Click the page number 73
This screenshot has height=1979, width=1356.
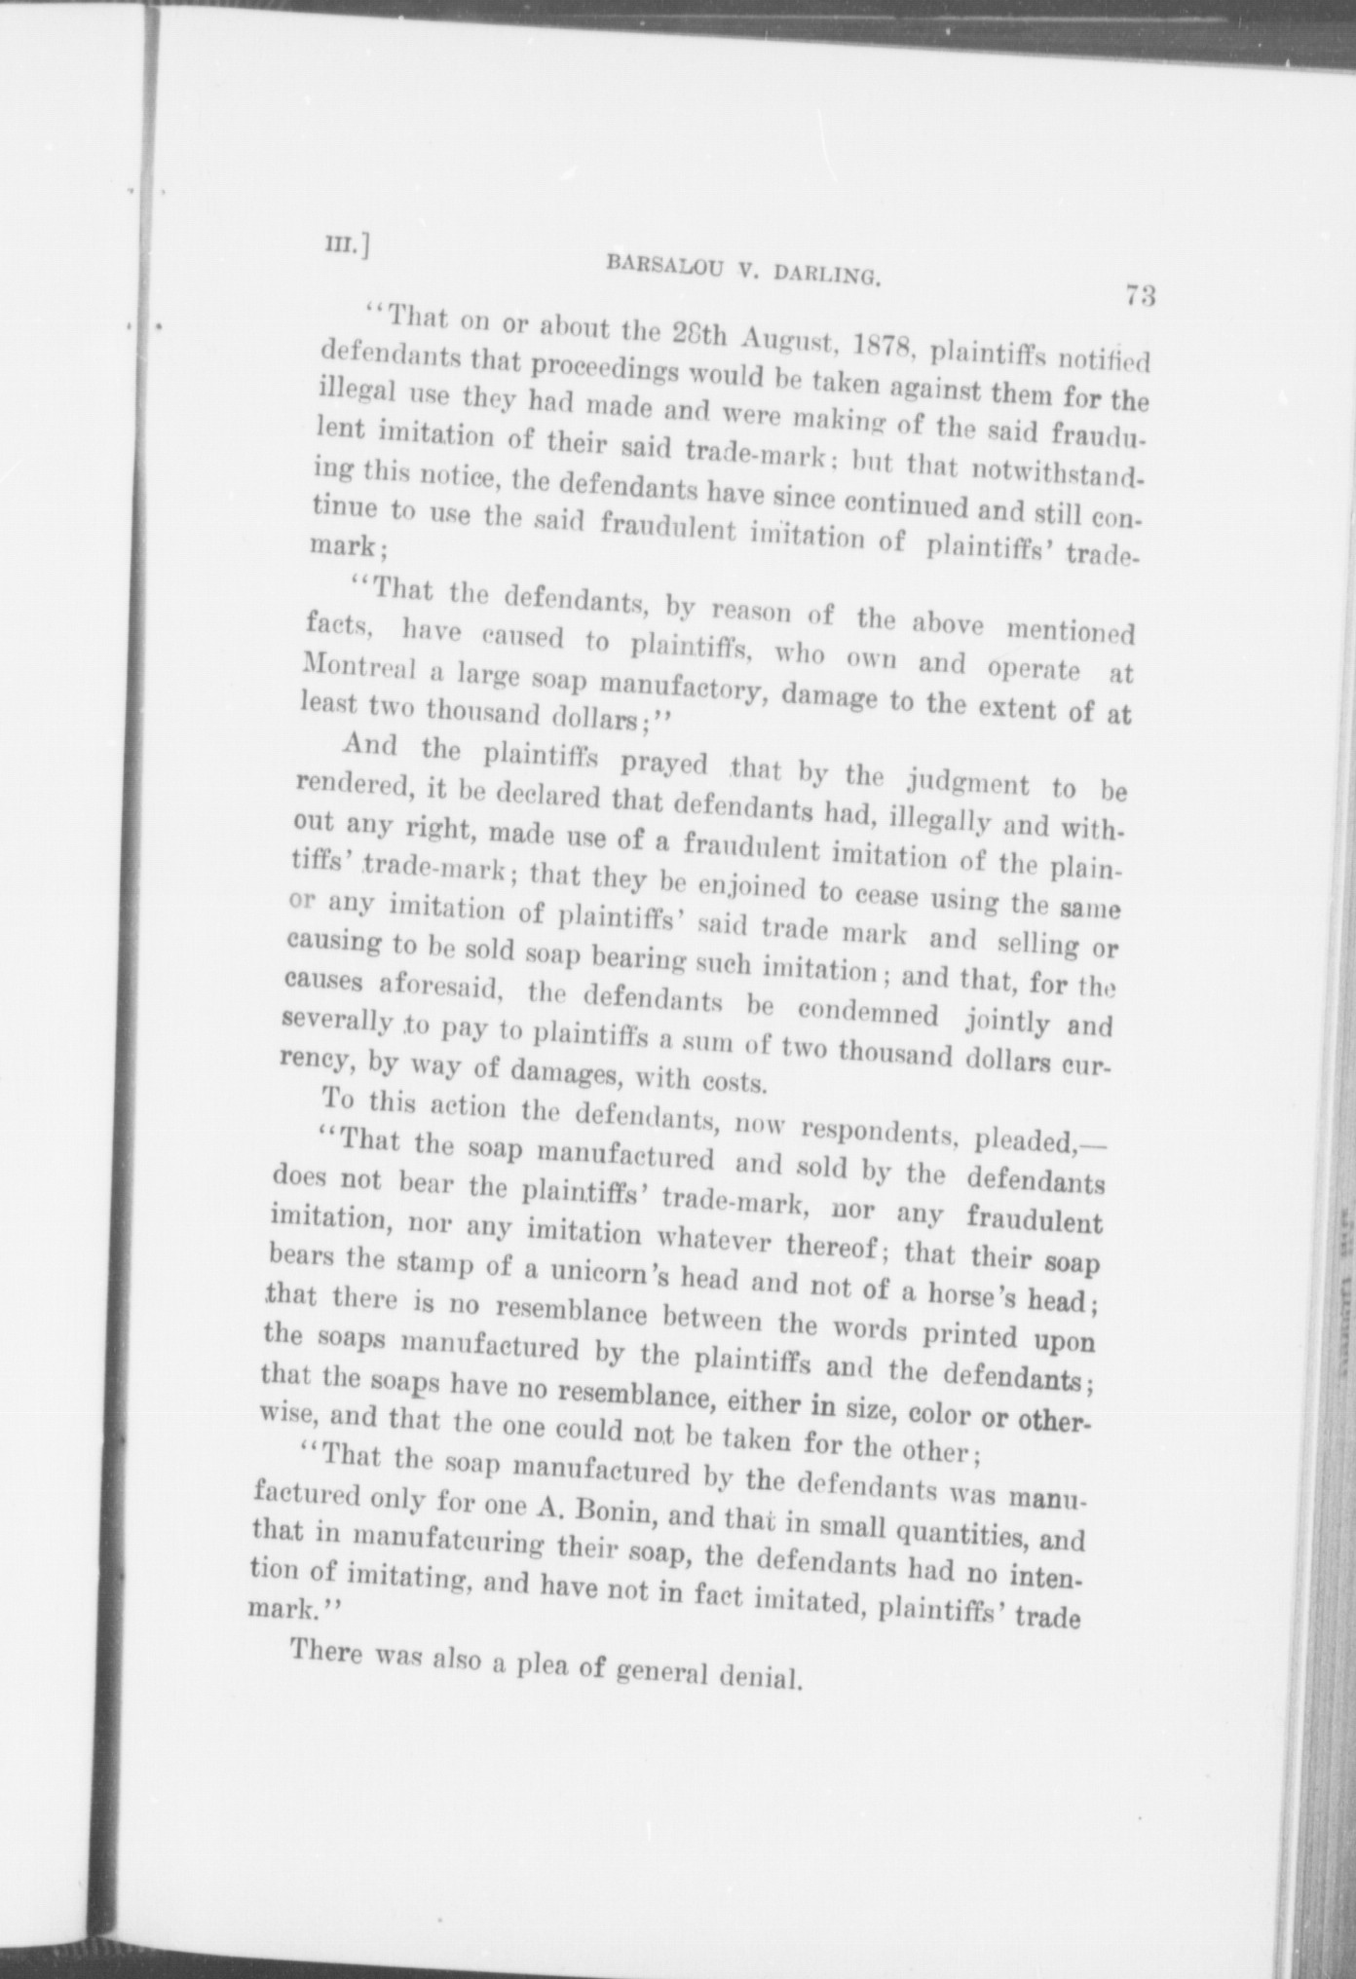pyautogui.click(x=1140, y=295)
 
